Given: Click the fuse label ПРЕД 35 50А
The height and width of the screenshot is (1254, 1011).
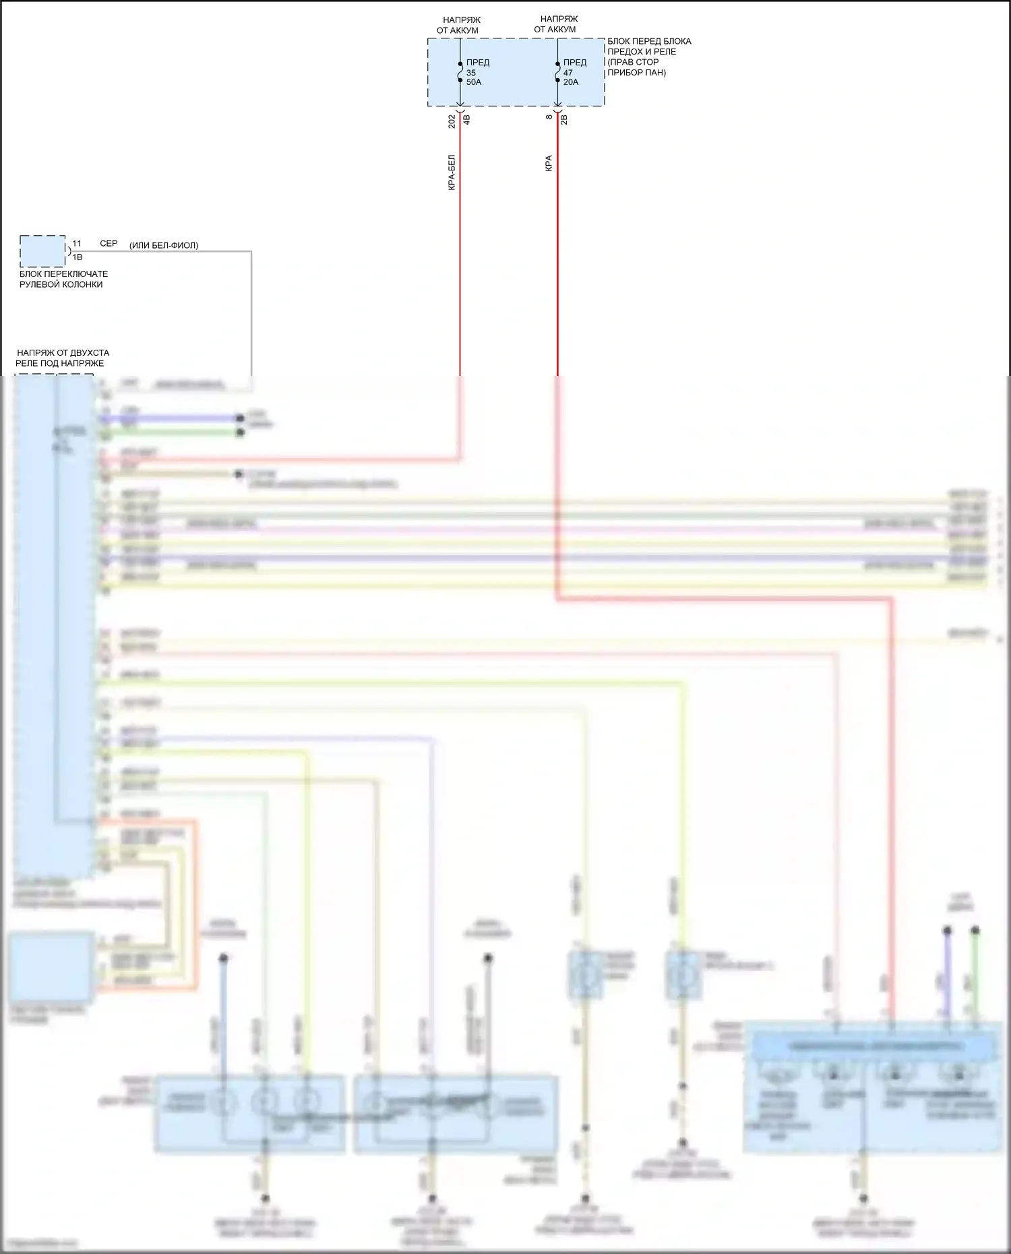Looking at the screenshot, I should coord(477,72).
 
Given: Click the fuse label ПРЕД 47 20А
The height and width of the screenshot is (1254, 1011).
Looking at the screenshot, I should coord(574,72).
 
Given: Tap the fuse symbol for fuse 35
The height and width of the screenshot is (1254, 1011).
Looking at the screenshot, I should coord(460,71).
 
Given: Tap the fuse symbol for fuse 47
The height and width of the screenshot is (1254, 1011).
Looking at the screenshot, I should coord(557,71).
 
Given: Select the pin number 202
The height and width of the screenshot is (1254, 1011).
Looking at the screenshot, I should coord(452,121).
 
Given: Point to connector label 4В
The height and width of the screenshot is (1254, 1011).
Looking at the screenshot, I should coord(467,120).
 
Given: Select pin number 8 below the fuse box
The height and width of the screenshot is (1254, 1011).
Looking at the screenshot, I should coord(549,117).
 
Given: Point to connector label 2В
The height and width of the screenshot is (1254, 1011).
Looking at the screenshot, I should coord(565,119).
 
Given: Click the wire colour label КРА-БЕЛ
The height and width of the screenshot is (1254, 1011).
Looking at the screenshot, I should coord(452,173).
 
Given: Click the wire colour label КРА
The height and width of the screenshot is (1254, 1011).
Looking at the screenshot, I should coord(549,164).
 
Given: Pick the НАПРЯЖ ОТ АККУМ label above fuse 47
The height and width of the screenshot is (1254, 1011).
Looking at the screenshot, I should coord(557,24).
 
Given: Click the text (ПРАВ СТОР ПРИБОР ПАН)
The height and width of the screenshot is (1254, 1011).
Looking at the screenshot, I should coord(636,67).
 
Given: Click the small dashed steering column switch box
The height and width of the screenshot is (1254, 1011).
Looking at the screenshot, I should coord(42,251).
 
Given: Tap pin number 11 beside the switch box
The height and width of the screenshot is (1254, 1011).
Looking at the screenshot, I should coord(77,243).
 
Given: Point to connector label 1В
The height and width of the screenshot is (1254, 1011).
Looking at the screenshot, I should coord(78,257).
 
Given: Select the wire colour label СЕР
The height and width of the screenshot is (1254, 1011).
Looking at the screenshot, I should coord(109,243).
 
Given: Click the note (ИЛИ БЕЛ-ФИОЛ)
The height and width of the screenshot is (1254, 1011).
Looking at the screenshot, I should coord(164,245).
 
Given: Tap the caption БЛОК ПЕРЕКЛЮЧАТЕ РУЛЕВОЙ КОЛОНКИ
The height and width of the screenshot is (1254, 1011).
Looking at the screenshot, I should coord(63,279).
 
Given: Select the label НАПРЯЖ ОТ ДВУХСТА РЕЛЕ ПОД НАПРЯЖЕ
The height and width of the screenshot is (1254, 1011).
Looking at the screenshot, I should coord(62,358).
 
